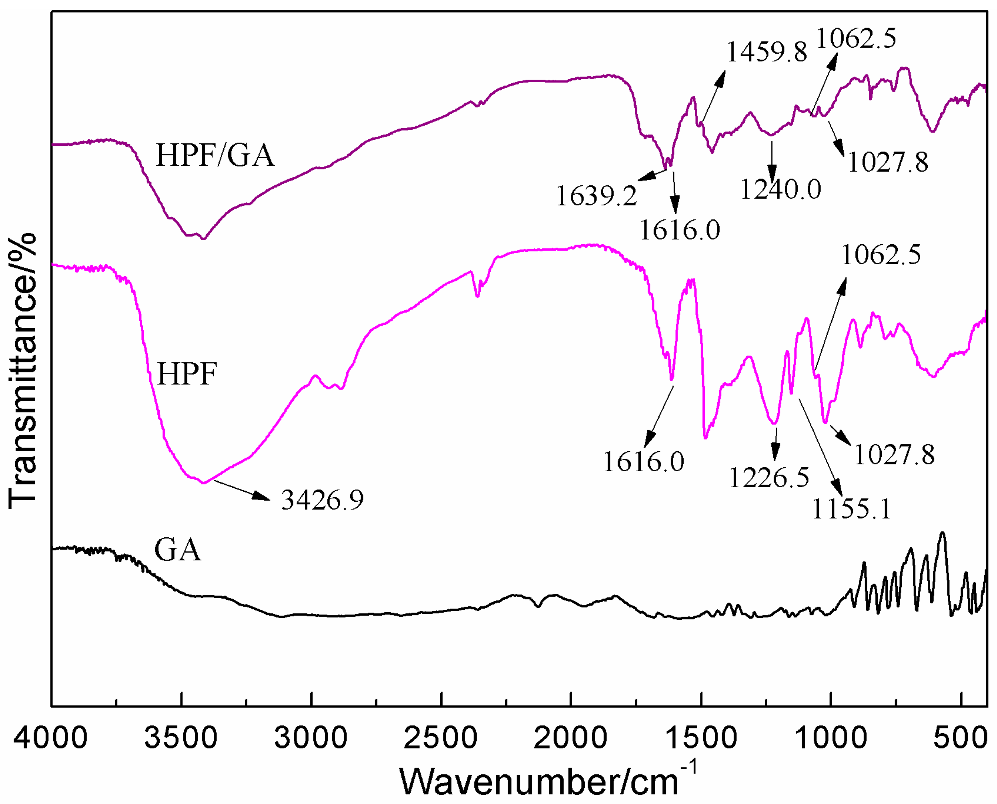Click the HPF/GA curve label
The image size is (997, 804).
point(215,155)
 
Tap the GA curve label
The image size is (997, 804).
point(177,550)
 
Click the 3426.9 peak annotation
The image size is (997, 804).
point(322,500)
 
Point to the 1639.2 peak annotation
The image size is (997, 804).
point(596,195)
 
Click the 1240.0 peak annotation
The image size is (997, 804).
point(781,189)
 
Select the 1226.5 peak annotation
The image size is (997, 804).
point(769,478)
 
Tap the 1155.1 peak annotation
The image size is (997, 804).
point(852,509)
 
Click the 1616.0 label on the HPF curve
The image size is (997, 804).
point(643,462)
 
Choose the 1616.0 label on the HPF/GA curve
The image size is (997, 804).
point(680,230)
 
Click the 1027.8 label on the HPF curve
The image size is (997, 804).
point(894,455)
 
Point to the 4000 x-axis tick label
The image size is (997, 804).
point(50,737)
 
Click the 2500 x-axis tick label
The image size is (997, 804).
point(440,737)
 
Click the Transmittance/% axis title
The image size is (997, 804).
point(22,370)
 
